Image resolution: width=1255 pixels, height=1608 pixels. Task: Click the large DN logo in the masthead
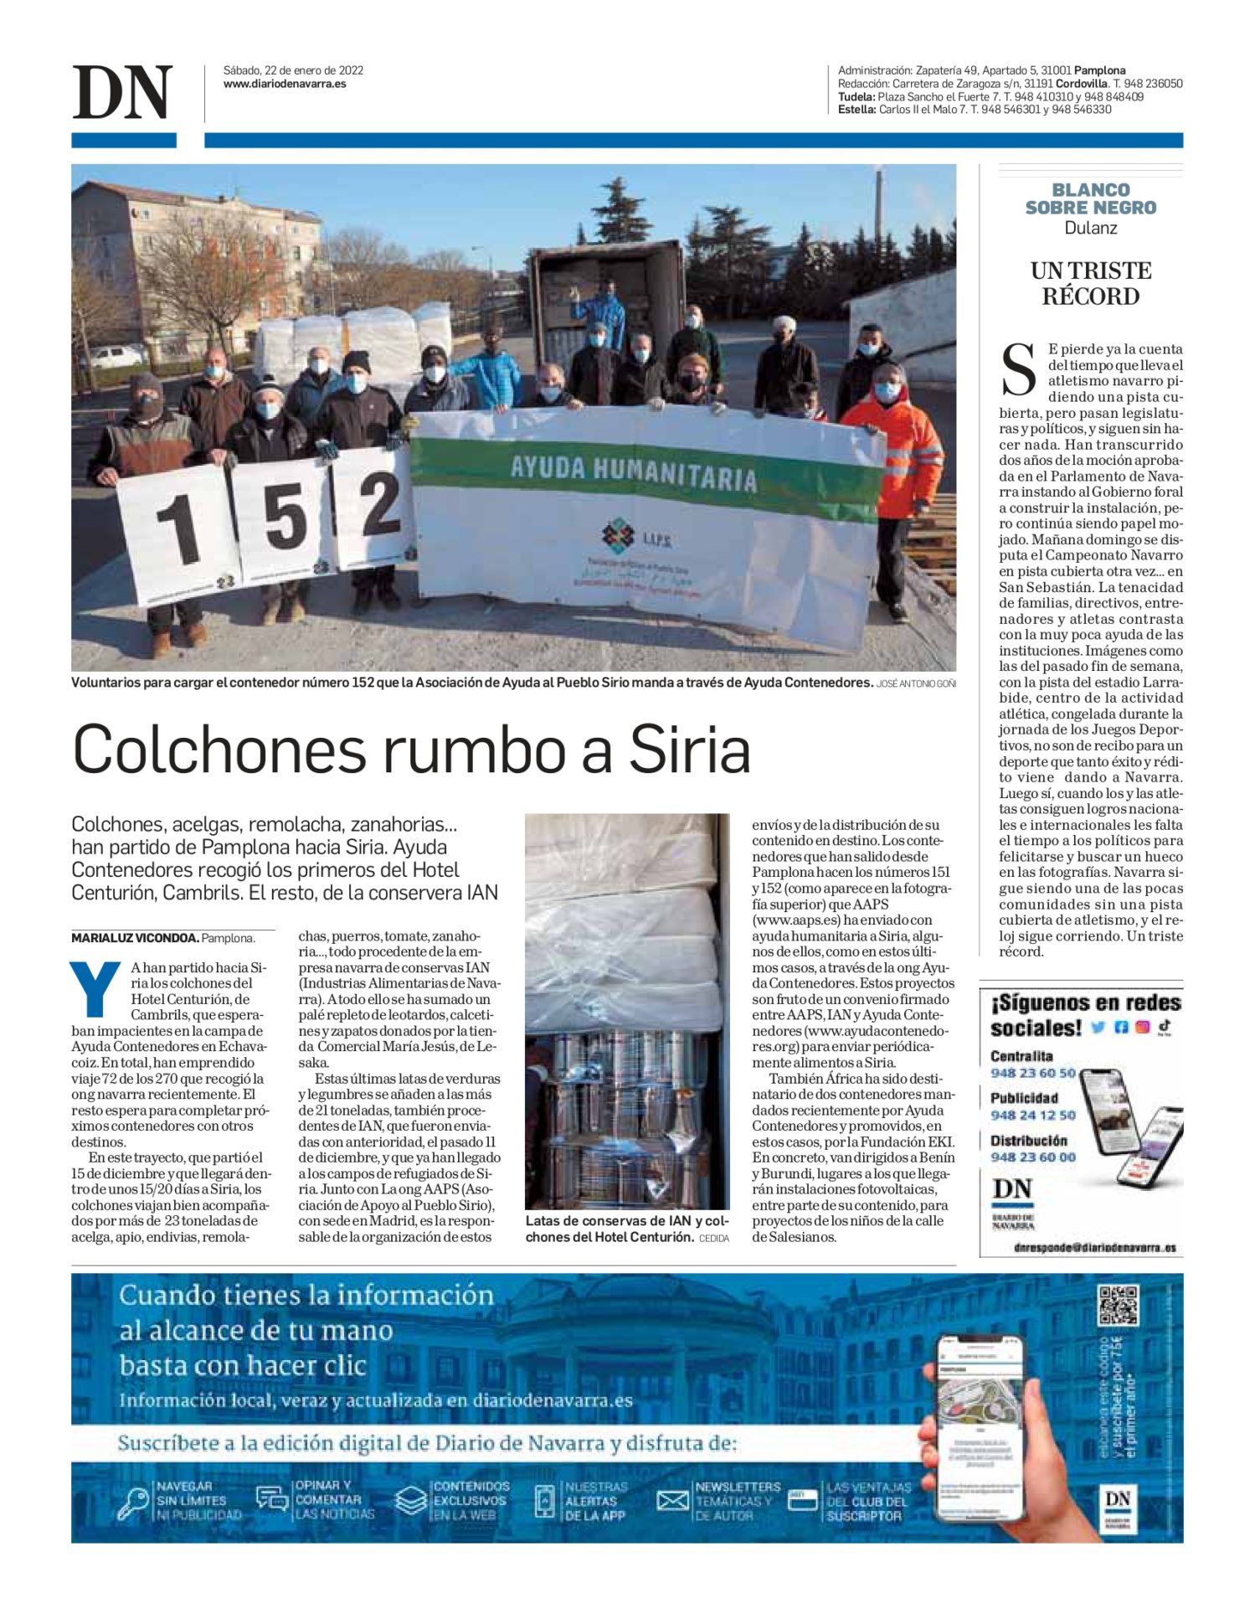[x=122, y=92]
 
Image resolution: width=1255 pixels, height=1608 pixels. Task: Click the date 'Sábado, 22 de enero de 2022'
[x=293, y=70]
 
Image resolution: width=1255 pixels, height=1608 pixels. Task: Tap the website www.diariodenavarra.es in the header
[x=285, y=84]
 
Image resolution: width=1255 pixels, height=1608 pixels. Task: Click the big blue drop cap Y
[x=95, y=988]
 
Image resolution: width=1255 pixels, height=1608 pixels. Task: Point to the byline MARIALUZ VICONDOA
[x=135, y=938]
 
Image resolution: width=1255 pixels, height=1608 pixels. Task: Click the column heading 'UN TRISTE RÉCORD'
[x=1090, y=284]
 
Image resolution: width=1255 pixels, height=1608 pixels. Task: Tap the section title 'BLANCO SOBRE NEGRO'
[x=1090, y=198]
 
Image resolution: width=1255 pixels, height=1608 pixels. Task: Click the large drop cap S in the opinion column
[x=1019, y=369]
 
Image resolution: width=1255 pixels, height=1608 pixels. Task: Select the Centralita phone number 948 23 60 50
[x=1032, y=1073]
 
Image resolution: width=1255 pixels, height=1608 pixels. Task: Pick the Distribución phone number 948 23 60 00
[x=1032, y=1157]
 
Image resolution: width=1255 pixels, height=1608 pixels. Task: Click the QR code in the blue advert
[x=1118, y=1305]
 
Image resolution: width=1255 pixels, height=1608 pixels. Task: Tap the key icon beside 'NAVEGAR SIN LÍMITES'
[x=132, y=1502]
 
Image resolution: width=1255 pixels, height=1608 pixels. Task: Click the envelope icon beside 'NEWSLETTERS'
[x=672, y=1501]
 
